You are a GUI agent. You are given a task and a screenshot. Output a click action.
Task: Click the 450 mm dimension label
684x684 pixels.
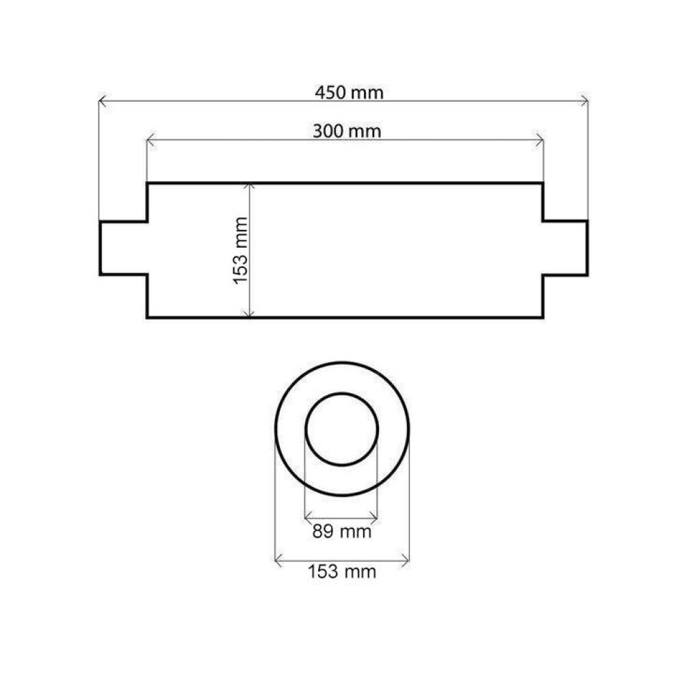349,92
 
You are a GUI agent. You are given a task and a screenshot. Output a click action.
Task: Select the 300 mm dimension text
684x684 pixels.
347,131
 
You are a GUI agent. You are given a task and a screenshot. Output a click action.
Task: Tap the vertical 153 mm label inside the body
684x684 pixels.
240,251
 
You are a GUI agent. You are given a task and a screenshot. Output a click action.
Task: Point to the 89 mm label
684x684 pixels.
341,531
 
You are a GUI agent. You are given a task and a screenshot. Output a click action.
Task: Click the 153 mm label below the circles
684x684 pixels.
341,571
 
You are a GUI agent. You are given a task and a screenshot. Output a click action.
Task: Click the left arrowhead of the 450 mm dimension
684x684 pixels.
102,102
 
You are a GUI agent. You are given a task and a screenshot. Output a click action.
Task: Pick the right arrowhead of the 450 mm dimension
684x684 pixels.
585,102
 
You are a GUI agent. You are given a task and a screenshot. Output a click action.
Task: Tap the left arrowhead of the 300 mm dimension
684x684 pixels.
150,140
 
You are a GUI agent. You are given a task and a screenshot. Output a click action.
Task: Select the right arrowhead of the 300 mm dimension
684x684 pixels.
540,140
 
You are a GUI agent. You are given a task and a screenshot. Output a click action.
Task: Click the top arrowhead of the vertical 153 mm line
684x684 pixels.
249,187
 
